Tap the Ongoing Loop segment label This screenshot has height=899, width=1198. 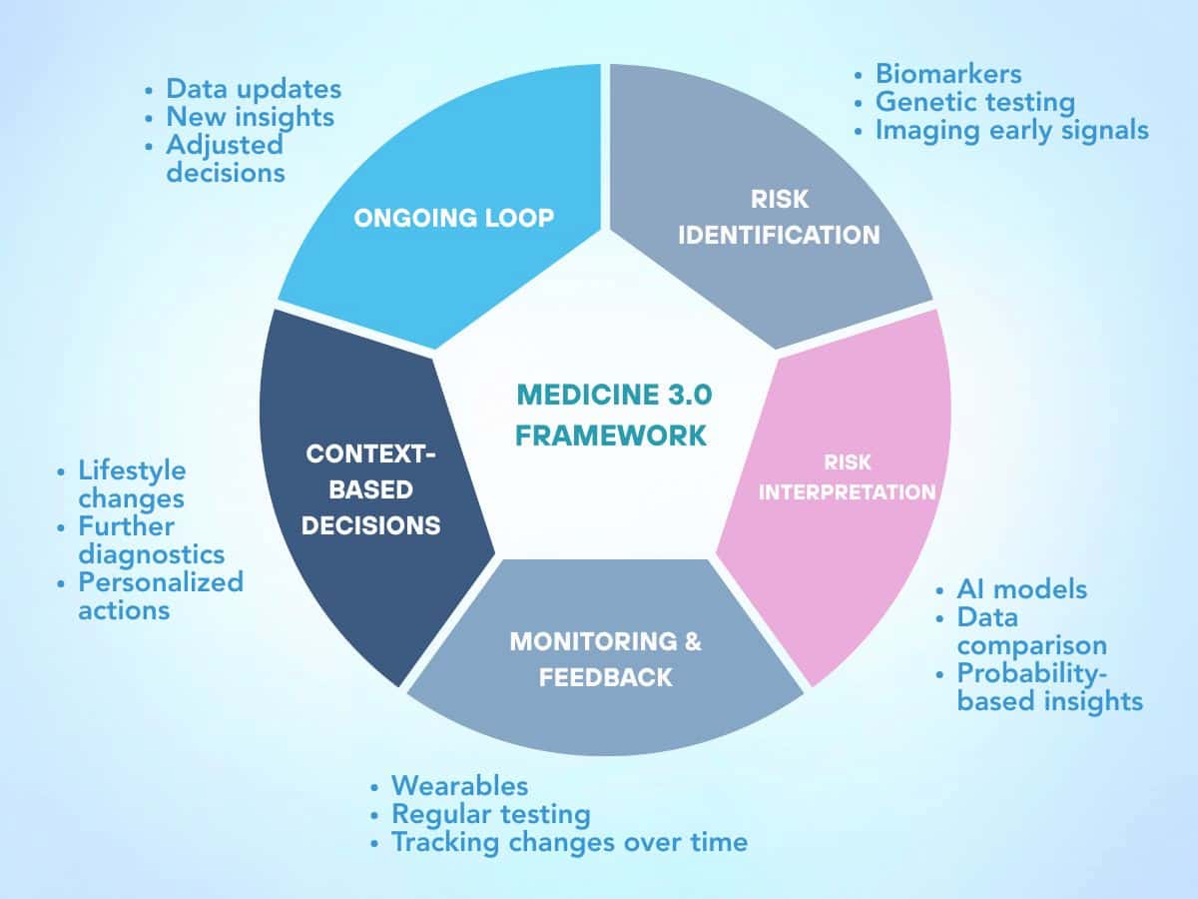[453, 218]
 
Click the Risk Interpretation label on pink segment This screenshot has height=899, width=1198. [847, 477]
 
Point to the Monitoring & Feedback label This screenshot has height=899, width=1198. [606, 658]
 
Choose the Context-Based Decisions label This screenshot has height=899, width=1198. [371, 489]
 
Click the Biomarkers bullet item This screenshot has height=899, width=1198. [947, 73]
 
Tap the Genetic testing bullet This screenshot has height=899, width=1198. [974, 102]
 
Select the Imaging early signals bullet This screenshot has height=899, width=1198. [1011, 130]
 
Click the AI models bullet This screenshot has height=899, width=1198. [1020, 589]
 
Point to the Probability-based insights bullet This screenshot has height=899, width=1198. [1048, 687]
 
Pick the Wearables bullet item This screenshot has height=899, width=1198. [459, 786]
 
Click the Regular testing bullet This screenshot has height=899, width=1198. [490, 814]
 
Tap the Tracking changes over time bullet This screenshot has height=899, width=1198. [568, 842]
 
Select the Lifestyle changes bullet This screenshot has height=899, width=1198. [132, 483]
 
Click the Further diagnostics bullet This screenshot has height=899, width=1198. [151, 539]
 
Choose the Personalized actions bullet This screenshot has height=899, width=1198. [160, 595]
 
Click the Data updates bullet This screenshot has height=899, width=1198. [253, 89]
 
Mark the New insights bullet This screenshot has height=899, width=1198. [250, 117]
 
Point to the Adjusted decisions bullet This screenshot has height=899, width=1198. [225, 159]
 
